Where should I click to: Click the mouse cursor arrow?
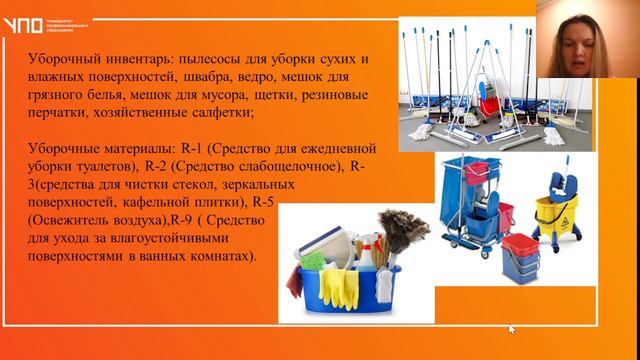512,327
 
